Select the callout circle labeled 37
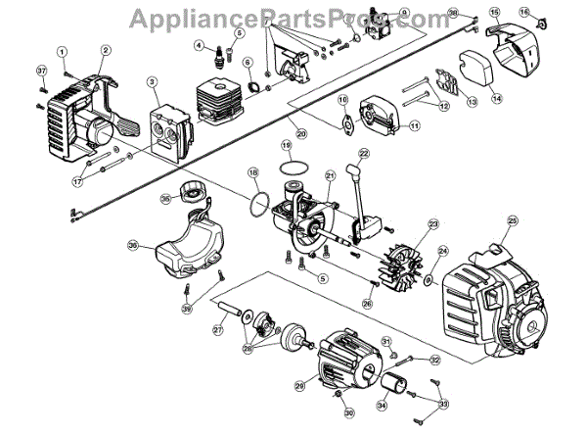click(x=42, y=71)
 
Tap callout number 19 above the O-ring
click(x=287, y=144)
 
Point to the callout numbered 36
click(x=133, y=245)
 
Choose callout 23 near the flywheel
click(x=432, y=223)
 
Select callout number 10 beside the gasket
click(x=342, y=100)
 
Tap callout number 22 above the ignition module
click(x=363, y=154)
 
